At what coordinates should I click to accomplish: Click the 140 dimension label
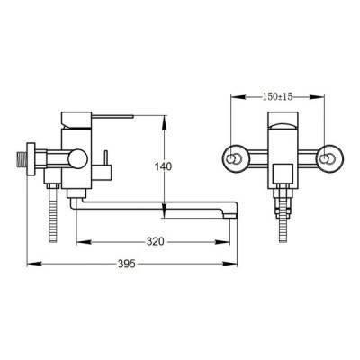pos(163,166)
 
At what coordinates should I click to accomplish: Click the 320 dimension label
pos(156,241)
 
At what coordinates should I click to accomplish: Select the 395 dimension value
pos(127,264)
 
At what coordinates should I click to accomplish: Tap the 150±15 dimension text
pos(277,96)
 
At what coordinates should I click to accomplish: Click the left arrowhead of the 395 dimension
pos(34,264)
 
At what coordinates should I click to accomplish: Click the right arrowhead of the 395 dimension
pos(230,264)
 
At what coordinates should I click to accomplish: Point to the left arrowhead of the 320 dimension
pos(84,241)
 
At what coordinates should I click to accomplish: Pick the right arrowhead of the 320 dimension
pos(222,241)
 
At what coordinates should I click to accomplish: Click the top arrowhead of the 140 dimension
pos(164,122)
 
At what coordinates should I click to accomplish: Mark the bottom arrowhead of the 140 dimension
pos(164,211)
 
